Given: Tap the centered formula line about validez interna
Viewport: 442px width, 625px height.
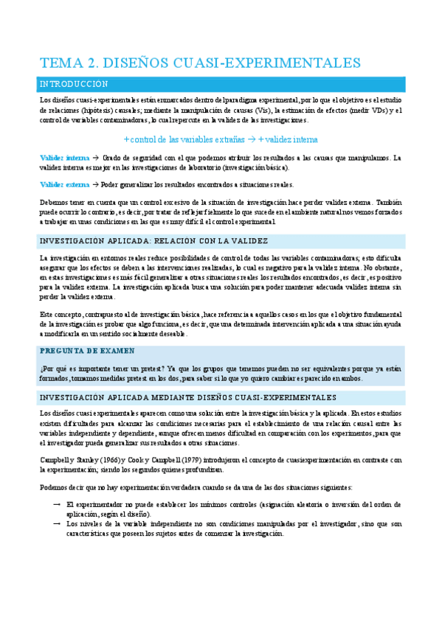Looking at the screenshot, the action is click(x=221, y=139).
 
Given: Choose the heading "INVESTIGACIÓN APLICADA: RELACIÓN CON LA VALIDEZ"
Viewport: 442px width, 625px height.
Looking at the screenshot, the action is click(x=153, y=241).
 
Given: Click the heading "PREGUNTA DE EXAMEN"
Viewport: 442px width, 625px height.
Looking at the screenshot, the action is click(x=87, y=351).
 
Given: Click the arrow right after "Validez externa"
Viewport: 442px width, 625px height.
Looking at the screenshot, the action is click(x=95, y=184).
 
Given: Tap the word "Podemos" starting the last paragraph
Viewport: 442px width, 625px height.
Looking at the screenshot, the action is click(x=53, y=487).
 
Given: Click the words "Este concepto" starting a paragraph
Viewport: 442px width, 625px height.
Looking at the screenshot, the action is click(x=61, y=313).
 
